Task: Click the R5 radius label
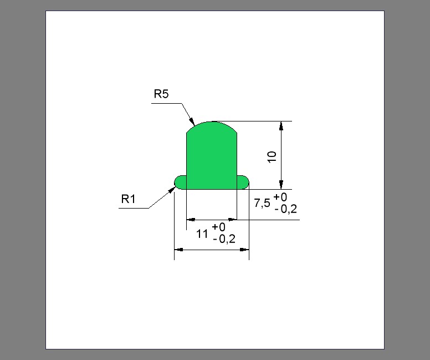click(161, 94)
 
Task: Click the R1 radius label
click(129, 199)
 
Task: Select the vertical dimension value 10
click(272, 156)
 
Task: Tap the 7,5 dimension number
click(262, 203)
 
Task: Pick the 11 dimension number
click(203, 234)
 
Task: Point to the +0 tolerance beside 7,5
click(280, 198)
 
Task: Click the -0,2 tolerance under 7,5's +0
click(285, 209)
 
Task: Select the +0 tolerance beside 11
click(218, 227)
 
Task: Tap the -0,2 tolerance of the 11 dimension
click(223, 239)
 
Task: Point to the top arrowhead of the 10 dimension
click(281, 125)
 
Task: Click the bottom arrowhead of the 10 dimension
click(281, 185)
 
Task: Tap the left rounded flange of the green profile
click(180, 182)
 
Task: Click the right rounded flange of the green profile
click(243, 182)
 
